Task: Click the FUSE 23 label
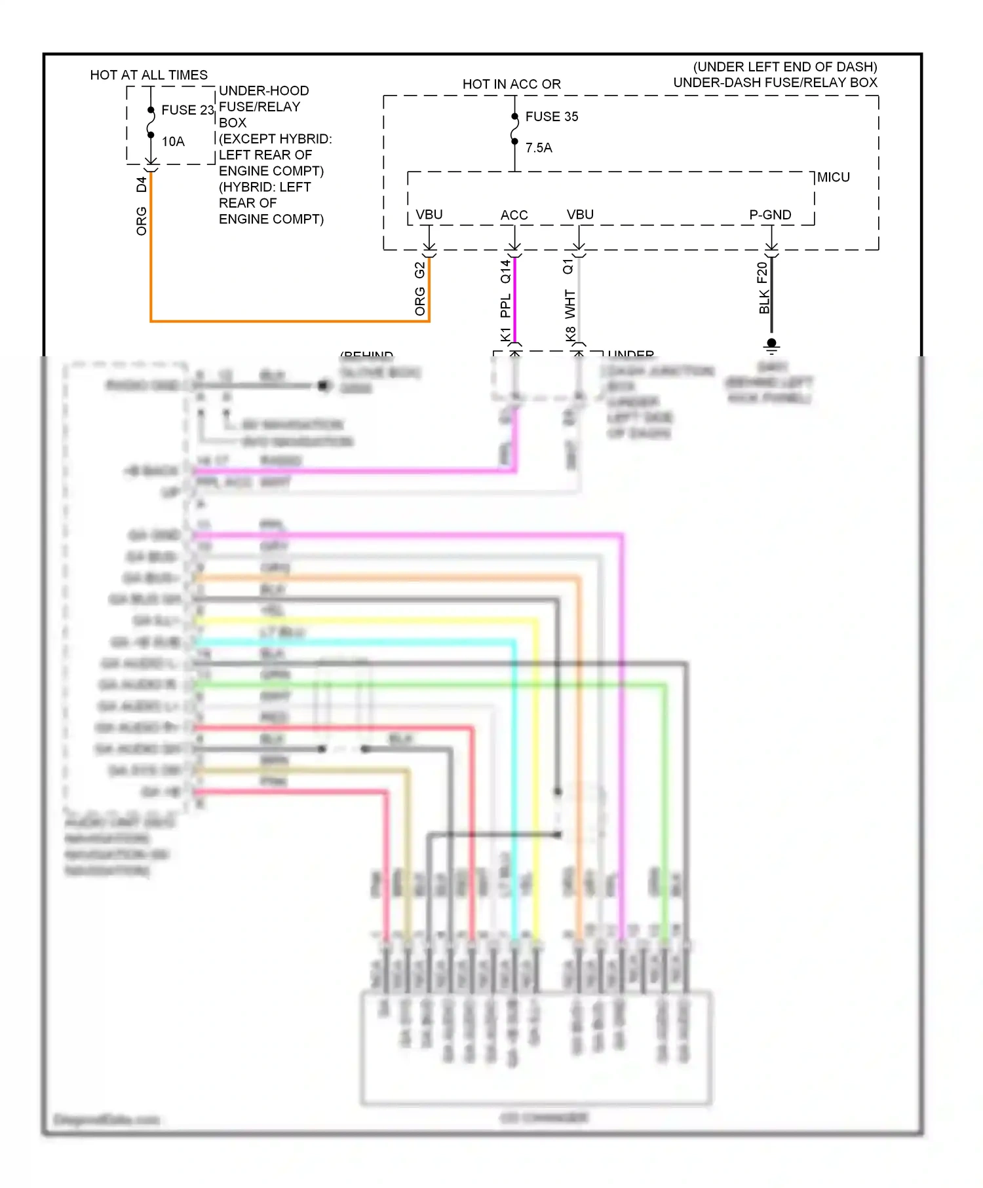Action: pyautogui.click(x=187, y=110)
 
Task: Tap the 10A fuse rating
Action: pyautogui.click(x=173, y=141)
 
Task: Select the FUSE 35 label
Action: pyautogui.click(x=551, y=117)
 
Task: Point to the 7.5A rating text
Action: pyautogui.click(x=539, y=148)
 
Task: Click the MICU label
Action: pyautogui.click(x=833, y=177)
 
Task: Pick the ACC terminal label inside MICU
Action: pyautogui.click(x=514, y=215)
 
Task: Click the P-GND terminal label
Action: pyautogui.click(x=770, y=215)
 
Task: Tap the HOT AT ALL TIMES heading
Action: pyautogui.click(x=149, y=75)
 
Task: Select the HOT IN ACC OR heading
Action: pyautogui.click(x=511, y=84)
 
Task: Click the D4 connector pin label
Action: pyautogui.click(x=142, y=185)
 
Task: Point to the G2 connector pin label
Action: pyautogui.click(x=420, y=270)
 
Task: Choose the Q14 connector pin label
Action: pyautogui.click(x=505, y=272)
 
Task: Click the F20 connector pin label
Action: pyautogui.click(x=762, y=272)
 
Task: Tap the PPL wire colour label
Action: pyautogui.click(x=505, y=306)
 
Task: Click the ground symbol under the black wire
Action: pyautogui.click(x=771, y=344)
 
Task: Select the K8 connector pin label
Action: pyautogui.click(x=570, y=334)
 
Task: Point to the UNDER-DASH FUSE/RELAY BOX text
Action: pyautogui.click(x=775, y=83)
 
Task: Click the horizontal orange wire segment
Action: pyautogui.click(x=288, y=321)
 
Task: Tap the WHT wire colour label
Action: pyautogui.click(x=570, y=304)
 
